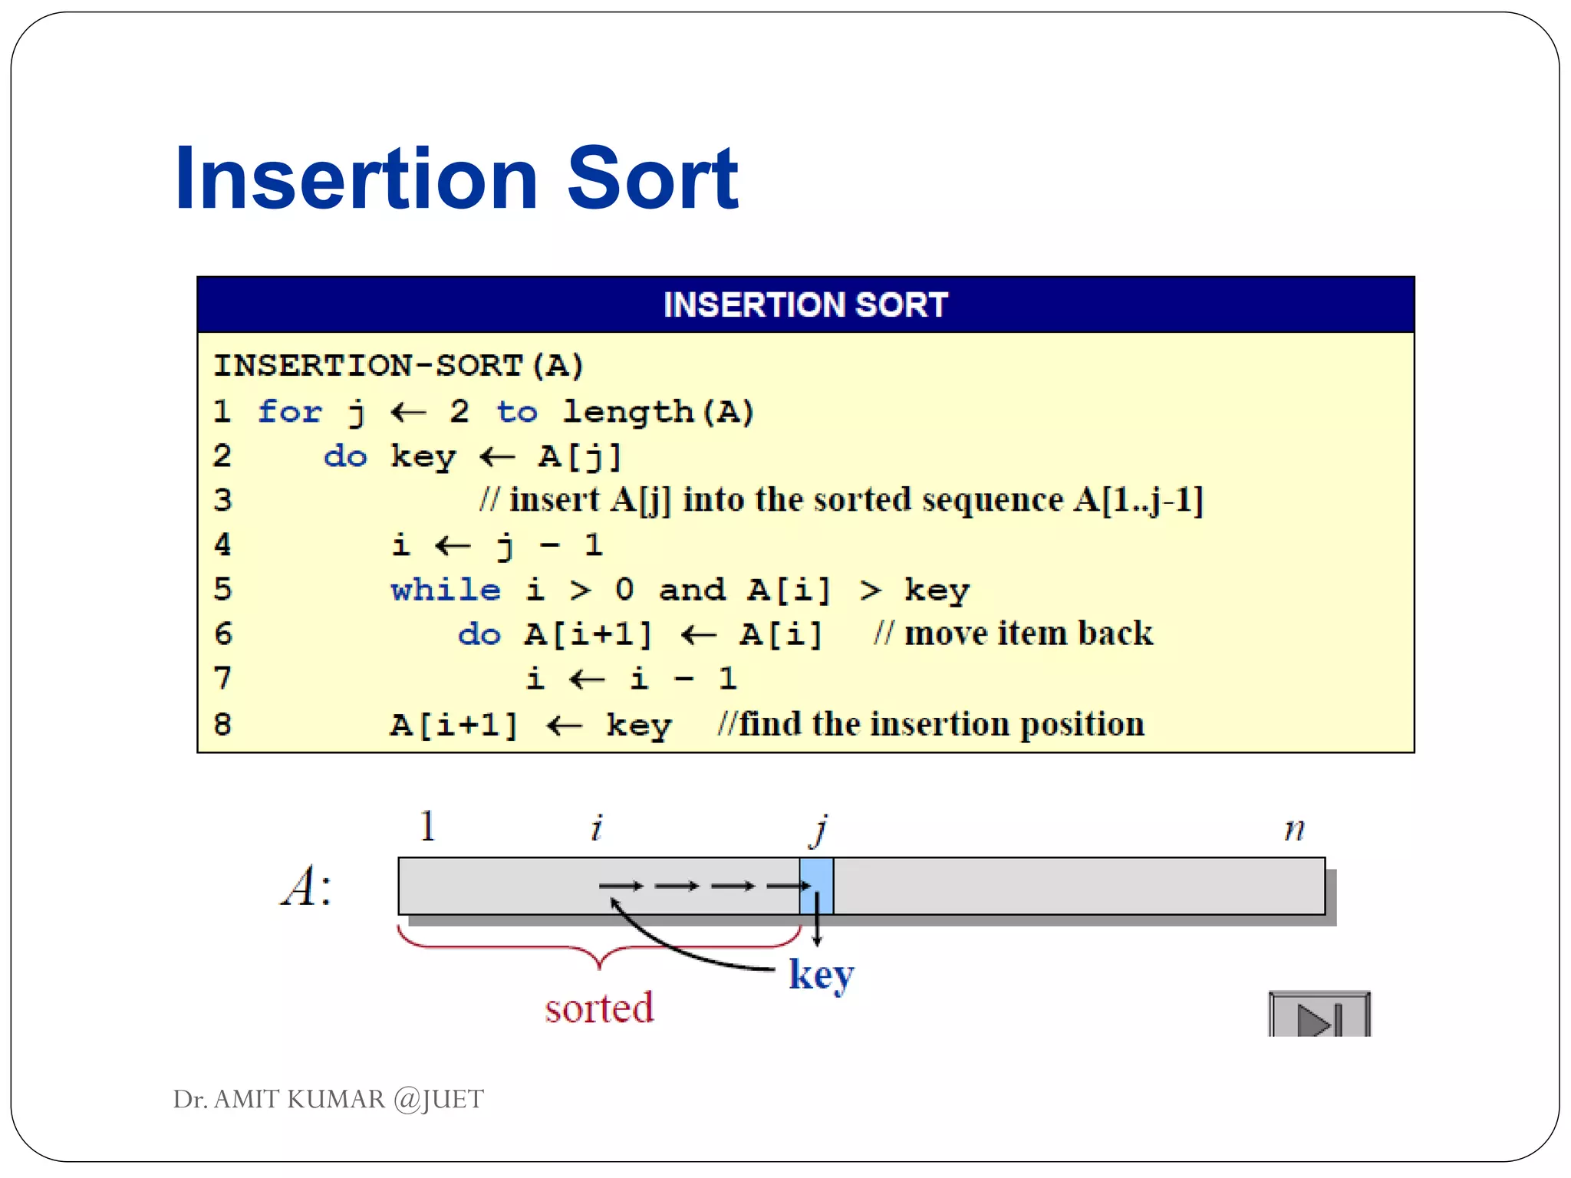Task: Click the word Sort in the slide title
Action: [652, 179]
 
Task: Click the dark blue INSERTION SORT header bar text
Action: [805, 304]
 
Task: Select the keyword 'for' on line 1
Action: [289, 412]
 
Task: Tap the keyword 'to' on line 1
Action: [517, 412]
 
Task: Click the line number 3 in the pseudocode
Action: [222, 500]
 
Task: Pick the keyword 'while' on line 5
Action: [445, 590]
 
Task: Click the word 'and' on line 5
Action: [691, 590]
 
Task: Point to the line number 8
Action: [222, 724]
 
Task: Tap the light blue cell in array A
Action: [816, 886]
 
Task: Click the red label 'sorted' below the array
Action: [599, 1008]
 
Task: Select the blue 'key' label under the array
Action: [821, 975]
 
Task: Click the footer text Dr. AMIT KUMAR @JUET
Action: [328, 1099]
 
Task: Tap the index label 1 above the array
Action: [428, 826]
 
